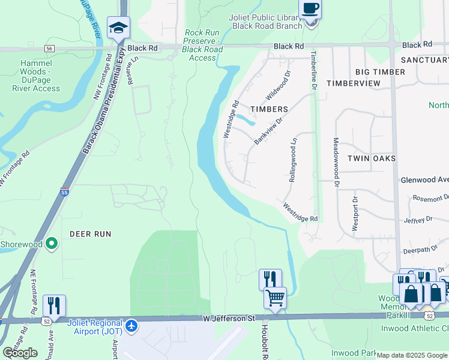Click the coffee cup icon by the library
coord(310,10)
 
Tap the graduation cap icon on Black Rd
coord(118,28)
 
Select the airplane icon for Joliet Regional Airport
coord(132,327)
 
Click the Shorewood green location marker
coord(52,244)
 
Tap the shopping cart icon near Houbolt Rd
coord(275,298)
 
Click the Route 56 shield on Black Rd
coord(49,48)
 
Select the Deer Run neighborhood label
coord(91,234)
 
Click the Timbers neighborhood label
coord(269,109)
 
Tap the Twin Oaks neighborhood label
coord(372,158)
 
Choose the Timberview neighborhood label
coord(354,83)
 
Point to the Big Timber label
coord(380,72)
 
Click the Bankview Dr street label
coord(268,130)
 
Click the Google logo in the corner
coord(20,353)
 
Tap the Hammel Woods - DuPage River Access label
coord(36,76)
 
